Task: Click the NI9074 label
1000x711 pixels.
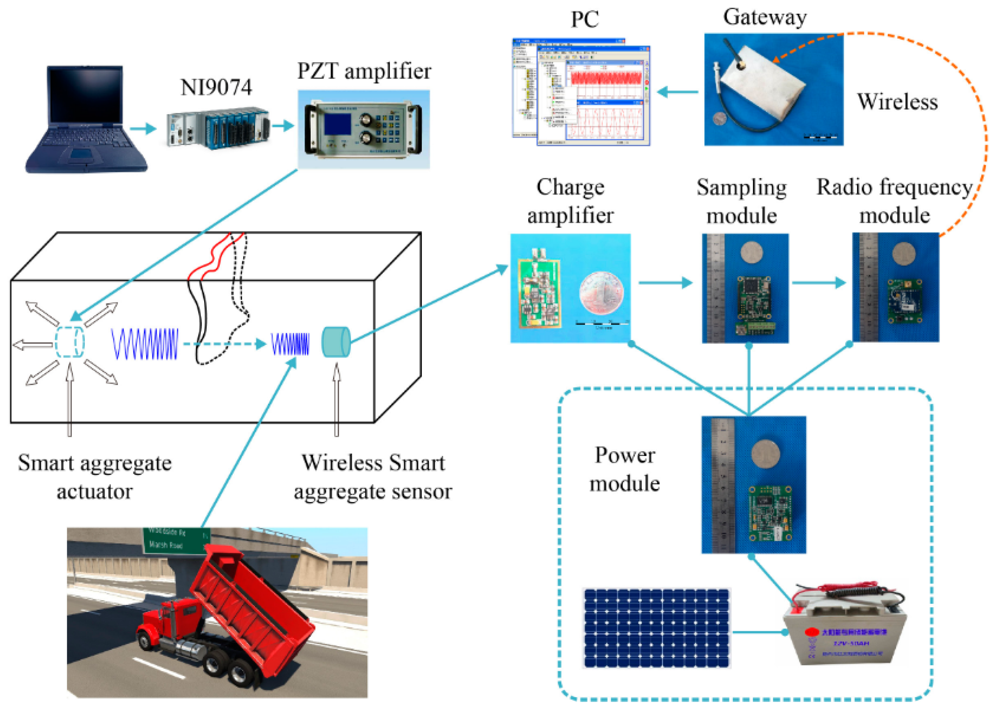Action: [x=216, y=87]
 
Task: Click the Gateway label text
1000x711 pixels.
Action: [x=765, y=18]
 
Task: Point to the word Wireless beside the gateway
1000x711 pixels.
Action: [x=897, y=102]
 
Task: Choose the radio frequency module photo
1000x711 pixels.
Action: [x=895, y=287]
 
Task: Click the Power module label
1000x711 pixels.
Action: [x=625, y=469]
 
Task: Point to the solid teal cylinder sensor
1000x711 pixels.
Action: [x=336, y=341]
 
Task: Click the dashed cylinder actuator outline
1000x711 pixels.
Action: [x=69, y=341]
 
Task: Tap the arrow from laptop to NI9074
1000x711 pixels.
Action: [x=143, y=129]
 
